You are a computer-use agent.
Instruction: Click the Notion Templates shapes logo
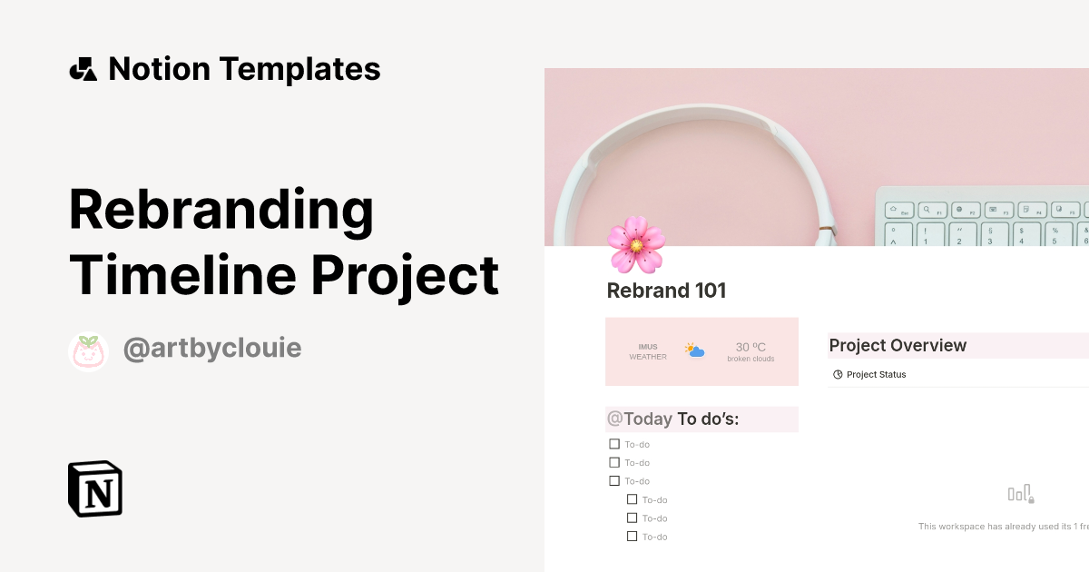click(83, 69)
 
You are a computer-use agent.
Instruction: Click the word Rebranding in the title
click(221, 209)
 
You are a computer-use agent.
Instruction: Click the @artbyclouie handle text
click(211, 350)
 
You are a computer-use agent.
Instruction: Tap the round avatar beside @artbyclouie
click(89, 351)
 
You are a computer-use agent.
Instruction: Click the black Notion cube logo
click(95, 489)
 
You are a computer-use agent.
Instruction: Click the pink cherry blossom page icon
click(636, 244)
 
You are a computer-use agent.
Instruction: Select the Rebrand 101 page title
click(666, 291)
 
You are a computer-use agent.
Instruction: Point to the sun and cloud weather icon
click(696, 350)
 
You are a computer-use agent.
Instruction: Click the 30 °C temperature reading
click(751, 347)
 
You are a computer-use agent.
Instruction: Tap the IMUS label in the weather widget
click(648, 347)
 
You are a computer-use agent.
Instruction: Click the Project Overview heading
click(898, 346)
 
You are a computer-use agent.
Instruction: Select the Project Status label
click(876, 374)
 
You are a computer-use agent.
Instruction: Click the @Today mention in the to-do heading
click(640, 419)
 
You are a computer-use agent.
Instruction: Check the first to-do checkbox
click(614, 444)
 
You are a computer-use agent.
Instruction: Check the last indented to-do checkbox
click(633, 537)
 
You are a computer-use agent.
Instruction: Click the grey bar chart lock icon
click(1021, 494)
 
